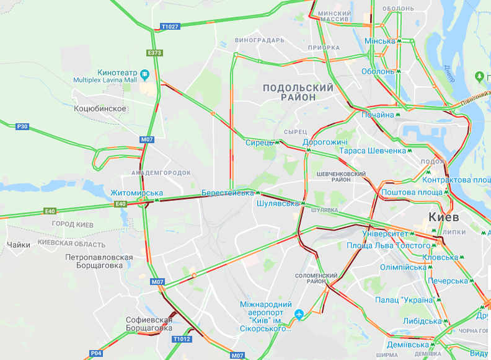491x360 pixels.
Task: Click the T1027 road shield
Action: click(x=169, y=27)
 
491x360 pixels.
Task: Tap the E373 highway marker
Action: click(x=155, y=53)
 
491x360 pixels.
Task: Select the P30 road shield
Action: click(x=22, y=126)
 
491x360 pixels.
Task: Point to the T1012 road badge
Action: click(x=182, y=339)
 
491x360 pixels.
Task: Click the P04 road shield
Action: click(x=95, y=353)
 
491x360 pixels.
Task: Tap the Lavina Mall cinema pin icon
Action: click(x=144, y=74)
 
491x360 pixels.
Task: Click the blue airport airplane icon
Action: click(x=300, y=314)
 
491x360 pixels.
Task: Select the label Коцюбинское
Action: click(x=100, y=108)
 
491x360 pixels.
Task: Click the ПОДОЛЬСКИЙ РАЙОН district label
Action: click(x=298, y=92)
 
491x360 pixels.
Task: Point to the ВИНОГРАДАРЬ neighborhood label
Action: click(x=260, y=40)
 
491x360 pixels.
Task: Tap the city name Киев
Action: click(x=444, y=217)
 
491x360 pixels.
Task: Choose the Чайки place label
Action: click(x=19, y=245)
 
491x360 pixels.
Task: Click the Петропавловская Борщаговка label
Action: click(x=99, y=261)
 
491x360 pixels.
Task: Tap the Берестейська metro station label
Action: click(x=228, y=193)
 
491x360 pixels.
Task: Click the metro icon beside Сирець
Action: click(x=278, y=142)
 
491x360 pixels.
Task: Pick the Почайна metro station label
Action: click(x=378, y=115)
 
